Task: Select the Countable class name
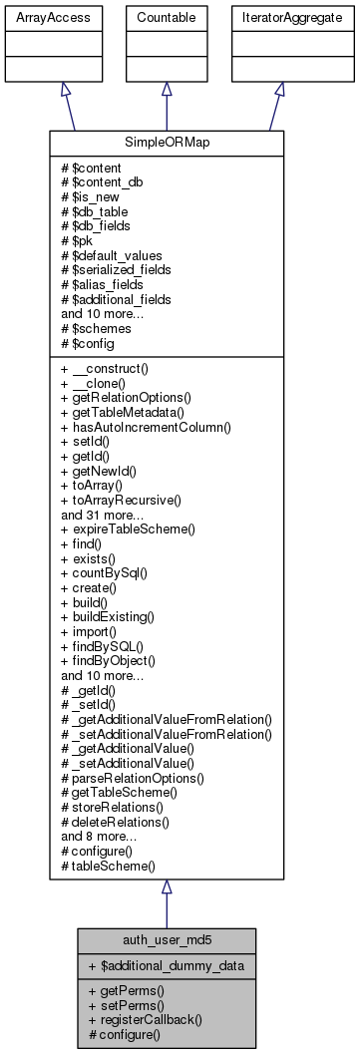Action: click(x=167, y=18)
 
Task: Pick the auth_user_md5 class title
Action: click(x=167, y=939)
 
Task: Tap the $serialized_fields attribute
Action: click(x=116, y=269)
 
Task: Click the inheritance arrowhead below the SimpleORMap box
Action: click(x=167, y=887)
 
